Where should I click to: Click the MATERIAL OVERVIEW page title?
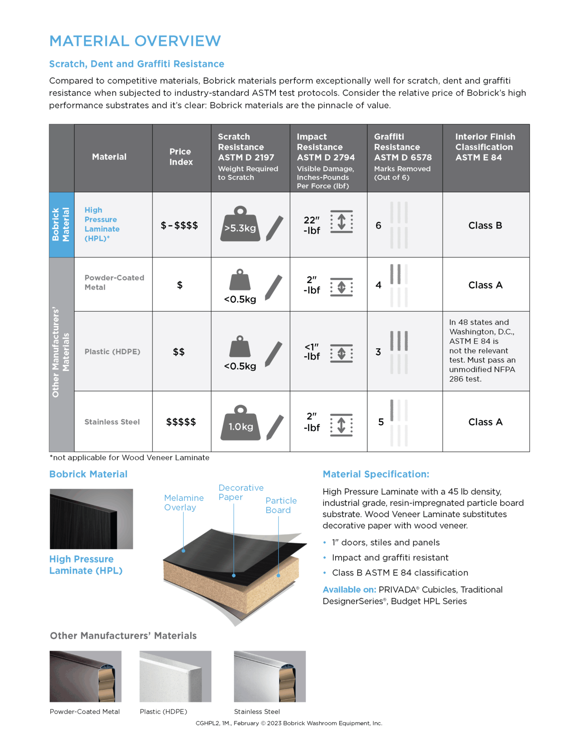pyautogui.click(x=135, y=41)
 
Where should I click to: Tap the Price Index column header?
pyautogui.click(x=181, y=157)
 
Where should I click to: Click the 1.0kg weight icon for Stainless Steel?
pyautogui.click(x=240, y=423)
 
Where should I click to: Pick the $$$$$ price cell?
pyautogui.click(x=181, y=422)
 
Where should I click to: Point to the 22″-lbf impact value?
pyautogui.click(x=312, y=225)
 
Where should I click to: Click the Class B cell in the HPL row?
pyautogui.click(x=485, y=225)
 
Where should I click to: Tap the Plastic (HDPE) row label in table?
pyautogui.click(x=112, y=351)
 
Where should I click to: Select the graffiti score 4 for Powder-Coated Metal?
pyautogui.click(x=378, y=285)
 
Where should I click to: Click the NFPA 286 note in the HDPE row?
pyautogui.click(x=482, y=351)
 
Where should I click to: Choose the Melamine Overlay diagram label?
pyautogui.click(x=184, y=502)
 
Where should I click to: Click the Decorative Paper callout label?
pyautogui.click(x=241, y=492)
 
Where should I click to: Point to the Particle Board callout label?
pyautogui.click(x=281, y=505)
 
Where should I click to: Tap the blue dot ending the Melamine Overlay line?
pyautogui.click(x=183, y=551)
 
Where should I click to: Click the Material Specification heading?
pyautogui.click(x=376, y=474)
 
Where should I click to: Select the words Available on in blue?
pyautogui.click(x=349, y=589)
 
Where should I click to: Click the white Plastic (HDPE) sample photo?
pyautogui.click(x=175, y=676)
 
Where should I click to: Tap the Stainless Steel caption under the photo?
pyautogui.click(x=256, y=711)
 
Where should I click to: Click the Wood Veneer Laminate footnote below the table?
pyautogui.click(x=130, y=458)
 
